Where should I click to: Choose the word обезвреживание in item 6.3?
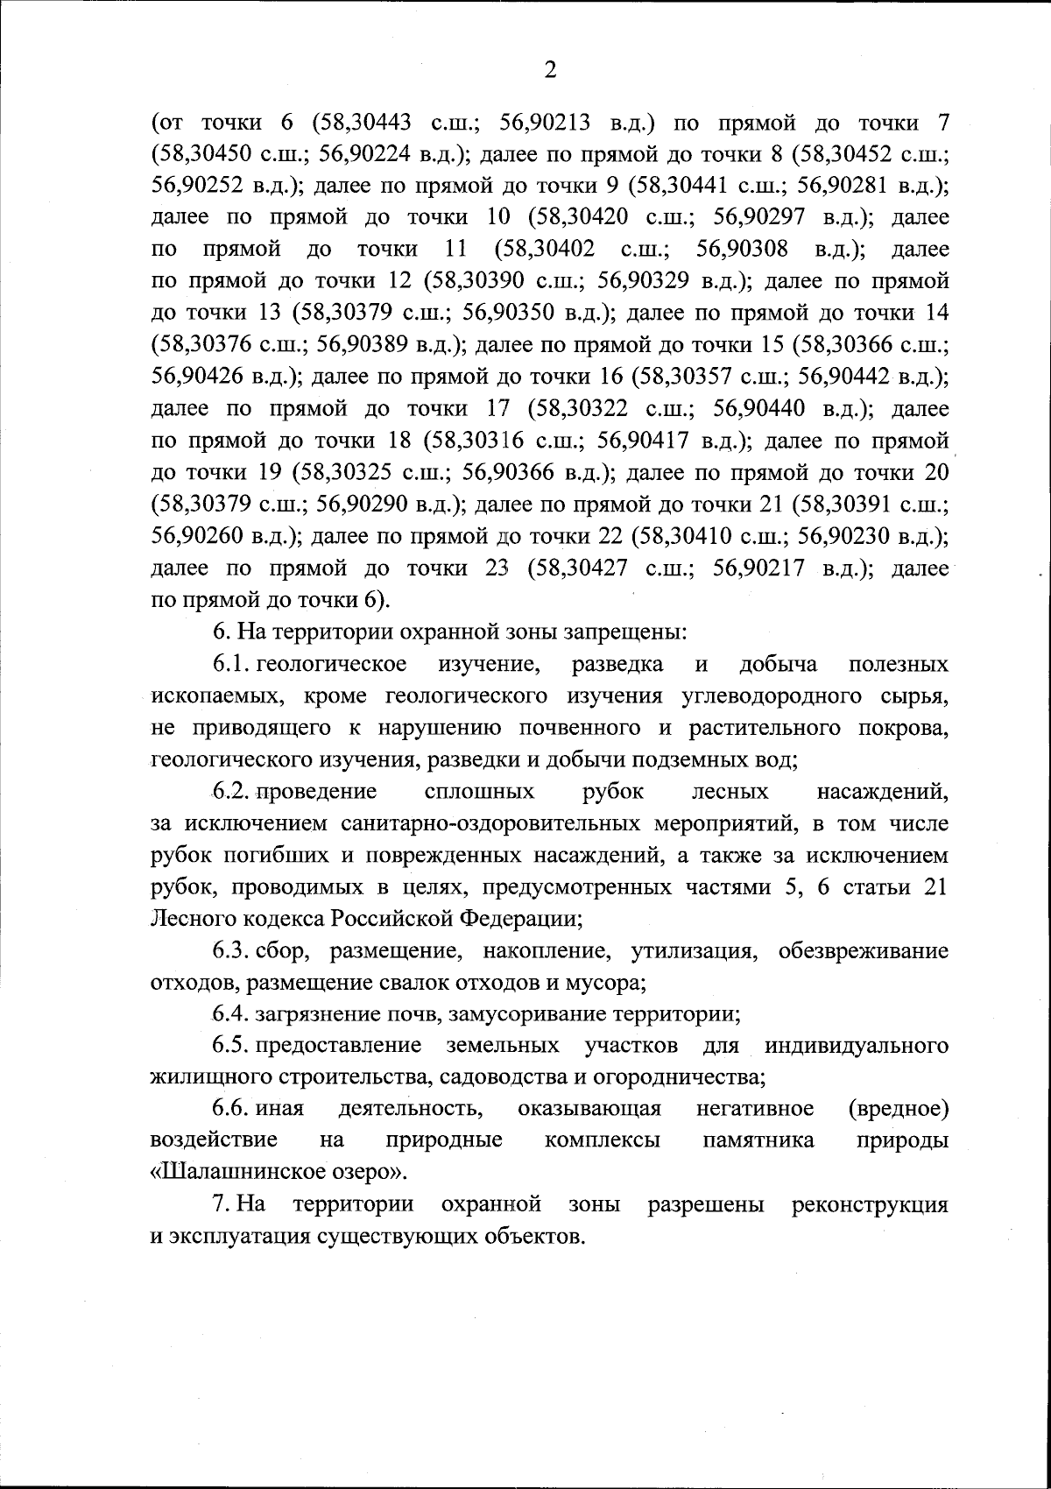pyautogui.click(x=863, y=951)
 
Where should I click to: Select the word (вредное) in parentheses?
pyautogui.click(x=899, y=1110)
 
